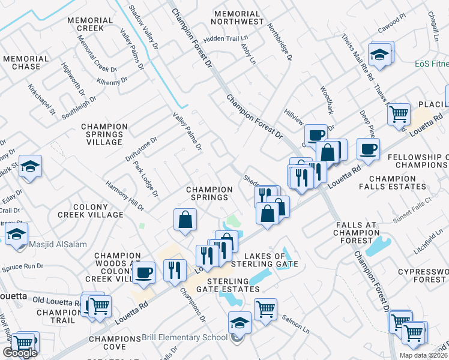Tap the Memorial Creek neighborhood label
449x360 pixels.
tap(90, 24)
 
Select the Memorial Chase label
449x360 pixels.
tap(25, 62)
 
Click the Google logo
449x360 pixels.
tap(20, 353)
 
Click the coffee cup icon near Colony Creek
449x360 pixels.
tap(143, 272)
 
